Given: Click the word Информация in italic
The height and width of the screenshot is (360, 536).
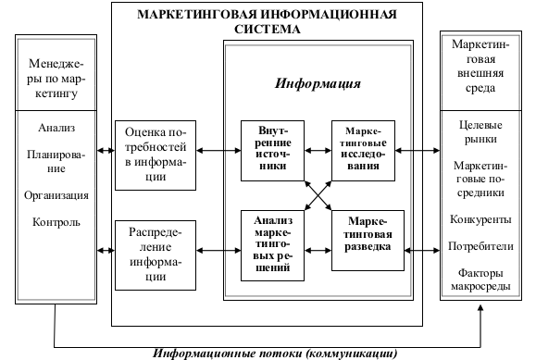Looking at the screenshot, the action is pyautogui.click(x=318, y=84).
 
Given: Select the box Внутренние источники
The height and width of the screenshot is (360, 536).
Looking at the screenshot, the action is pyautogui.click(x=272, y=151).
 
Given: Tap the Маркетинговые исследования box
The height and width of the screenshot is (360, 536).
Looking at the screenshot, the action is pyautogui.click(x=363, y=151).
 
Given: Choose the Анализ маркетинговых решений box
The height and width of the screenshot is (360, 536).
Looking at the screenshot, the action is pyautogui.click(x=272, y=245).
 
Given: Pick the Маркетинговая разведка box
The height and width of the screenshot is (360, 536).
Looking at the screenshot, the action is pyautogui.click(x=368, y=241).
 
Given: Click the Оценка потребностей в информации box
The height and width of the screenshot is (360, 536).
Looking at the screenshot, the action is pyautogui.click(x=156, y=155).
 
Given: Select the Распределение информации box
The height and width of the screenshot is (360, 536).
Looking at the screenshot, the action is pyautogui.click(x=156, y=255).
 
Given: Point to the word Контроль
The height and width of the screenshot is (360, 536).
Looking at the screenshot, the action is pyautogui.click(x=56, y=222).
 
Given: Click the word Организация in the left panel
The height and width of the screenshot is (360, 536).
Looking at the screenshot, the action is pyautogui.click(x=56, y=195).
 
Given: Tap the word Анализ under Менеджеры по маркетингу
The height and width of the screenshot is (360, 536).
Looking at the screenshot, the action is pyautogui.click(x=56, y=128).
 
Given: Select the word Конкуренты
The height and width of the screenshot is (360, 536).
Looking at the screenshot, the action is pyautogui.click(x=480, y=219).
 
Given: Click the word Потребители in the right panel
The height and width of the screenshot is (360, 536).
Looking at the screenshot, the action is pyautogui.click(x=480, y=246).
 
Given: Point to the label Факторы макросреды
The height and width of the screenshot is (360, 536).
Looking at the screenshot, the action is pyautogui.click(x=480, y=279).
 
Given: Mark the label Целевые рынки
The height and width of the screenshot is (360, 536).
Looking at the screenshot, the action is pyautogui.click(x=480, y=132).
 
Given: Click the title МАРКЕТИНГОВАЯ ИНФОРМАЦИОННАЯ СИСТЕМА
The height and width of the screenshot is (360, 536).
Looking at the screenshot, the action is pyautogui.click(x=267, y=21).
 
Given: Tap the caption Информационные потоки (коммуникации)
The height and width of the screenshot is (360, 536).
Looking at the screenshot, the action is pyautogui.click(x=275, y=354).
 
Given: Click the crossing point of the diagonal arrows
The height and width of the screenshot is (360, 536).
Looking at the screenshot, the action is pyautogui.click(x=318, y=195).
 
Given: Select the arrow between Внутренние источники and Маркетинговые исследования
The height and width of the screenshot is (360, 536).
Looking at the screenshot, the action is pyautogui.click(x=318, y=151).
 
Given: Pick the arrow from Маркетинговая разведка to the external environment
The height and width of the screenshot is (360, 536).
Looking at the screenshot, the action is pyautogui.click(x=422, y=251).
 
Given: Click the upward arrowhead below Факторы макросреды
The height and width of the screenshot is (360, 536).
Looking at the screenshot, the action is pyautogui.click(x=480, y=307).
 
